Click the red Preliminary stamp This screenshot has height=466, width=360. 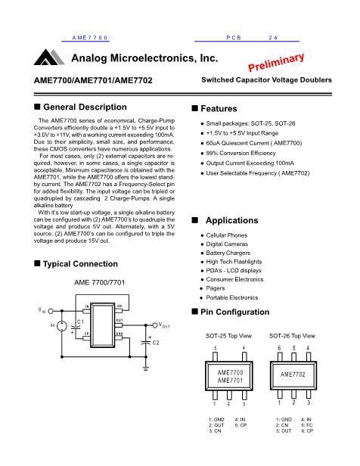pos(276,62)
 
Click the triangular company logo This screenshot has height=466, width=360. pos(49,57)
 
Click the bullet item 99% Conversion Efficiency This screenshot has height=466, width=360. pos(241,153)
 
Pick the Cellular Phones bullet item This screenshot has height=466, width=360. pos(227,235)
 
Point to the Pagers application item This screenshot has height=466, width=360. pos(216,288)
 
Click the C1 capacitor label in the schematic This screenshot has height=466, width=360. pos(80,322)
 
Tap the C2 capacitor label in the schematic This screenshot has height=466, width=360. pos(156,343)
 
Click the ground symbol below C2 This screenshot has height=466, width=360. pos(145,369)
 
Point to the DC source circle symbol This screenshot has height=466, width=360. pos(62,326)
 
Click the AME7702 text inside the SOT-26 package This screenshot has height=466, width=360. pos(293,374)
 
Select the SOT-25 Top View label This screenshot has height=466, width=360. pos(228,336)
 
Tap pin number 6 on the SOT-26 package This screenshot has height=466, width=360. pos(280,348)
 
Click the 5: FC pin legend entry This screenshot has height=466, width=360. pos(307,425)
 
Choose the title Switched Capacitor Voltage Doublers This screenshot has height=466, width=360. pos(266,80)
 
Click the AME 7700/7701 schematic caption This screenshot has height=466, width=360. pos(100,282)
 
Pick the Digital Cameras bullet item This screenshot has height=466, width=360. pos(227,244)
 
